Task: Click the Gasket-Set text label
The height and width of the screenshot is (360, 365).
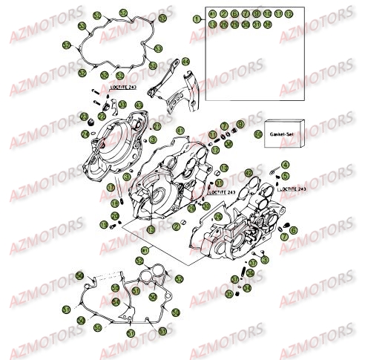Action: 283,134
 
